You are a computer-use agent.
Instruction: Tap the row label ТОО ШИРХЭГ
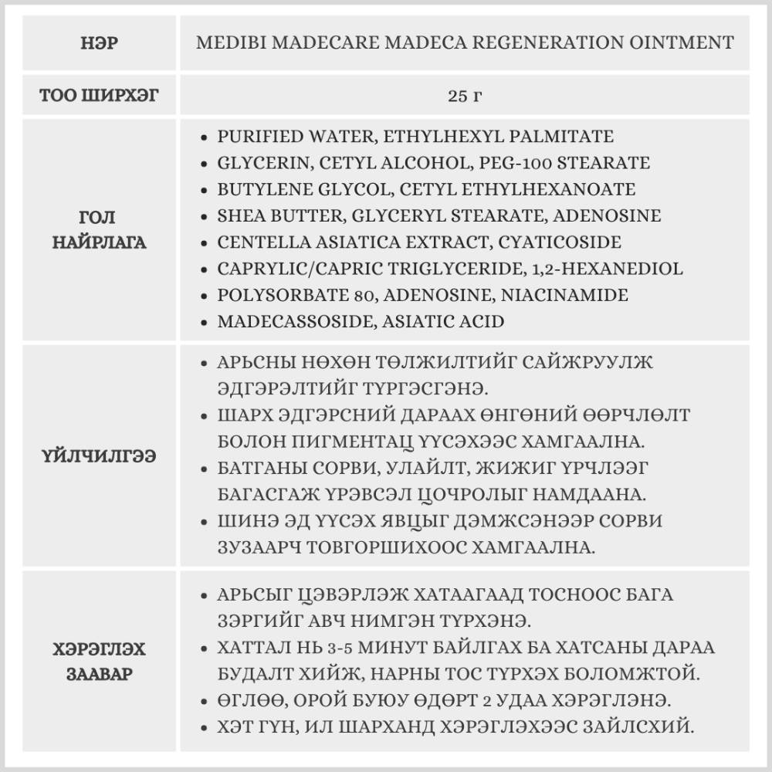pos(99,95)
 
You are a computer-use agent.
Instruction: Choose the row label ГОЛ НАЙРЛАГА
pos(99,230)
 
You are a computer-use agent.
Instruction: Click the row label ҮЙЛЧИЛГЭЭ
pos(99,456)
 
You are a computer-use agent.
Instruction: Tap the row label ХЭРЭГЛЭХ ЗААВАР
pos(99,661)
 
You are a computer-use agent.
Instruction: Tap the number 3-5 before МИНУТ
pos(337,648)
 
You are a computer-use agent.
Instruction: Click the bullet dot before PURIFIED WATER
pos(203,137)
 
